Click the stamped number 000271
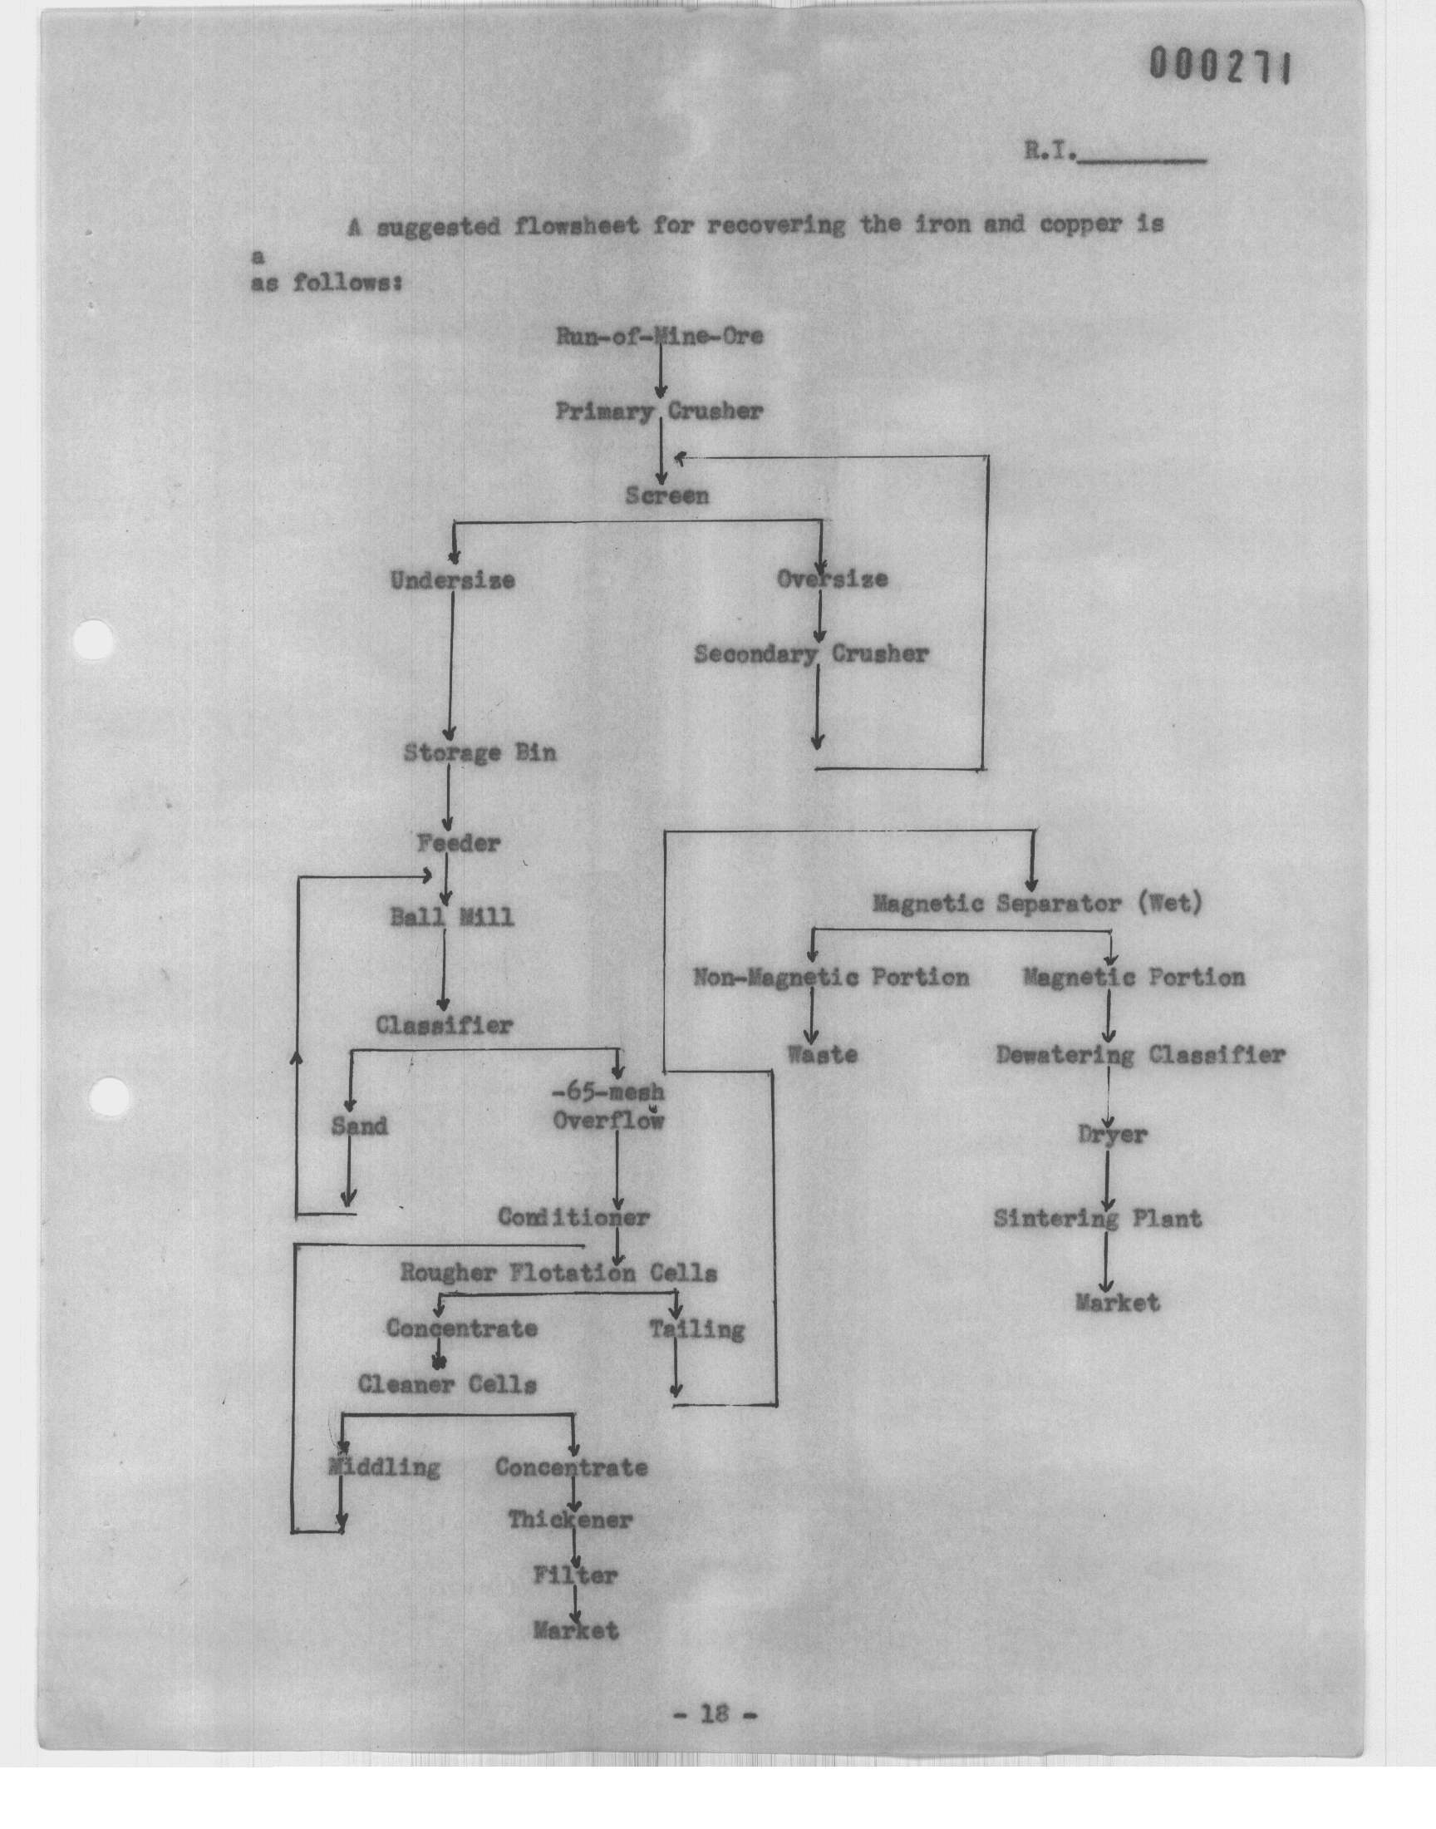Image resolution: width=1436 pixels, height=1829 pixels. [1219, 67]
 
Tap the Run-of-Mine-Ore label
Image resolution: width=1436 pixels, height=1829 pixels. [659, 337]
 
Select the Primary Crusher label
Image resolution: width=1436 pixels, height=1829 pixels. [659, 412]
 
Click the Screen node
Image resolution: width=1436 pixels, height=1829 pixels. [666, 495]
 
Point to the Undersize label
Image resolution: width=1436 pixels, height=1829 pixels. [452, 580]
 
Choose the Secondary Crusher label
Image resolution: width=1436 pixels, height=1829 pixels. [811, 654]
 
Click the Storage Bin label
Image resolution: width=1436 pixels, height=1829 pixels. [480, 752]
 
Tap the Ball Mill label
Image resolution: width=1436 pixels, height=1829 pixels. [451, 917]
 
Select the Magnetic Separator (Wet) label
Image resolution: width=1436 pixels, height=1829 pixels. [1037, 903]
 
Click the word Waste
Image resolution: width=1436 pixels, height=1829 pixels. [822, 1054]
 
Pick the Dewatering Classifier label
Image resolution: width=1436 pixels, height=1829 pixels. [1140, 1054]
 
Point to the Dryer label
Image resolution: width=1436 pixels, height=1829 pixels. [1112, 1135]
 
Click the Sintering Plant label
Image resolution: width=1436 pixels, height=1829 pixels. [1097, 1219]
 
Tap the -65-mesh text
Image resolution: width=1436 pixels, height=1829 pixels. [607, 1092]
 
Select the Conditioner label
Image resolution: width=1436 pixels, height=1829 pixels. [573, 1217]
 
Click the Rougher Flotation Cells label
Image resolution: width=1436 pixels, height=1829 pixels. [558, 1272]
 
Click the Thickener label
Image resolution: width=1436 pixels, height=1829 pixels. [570, 1520]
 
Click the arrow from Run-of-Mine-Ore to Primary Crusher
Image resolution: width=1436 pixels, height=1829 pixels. [660, 371]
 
